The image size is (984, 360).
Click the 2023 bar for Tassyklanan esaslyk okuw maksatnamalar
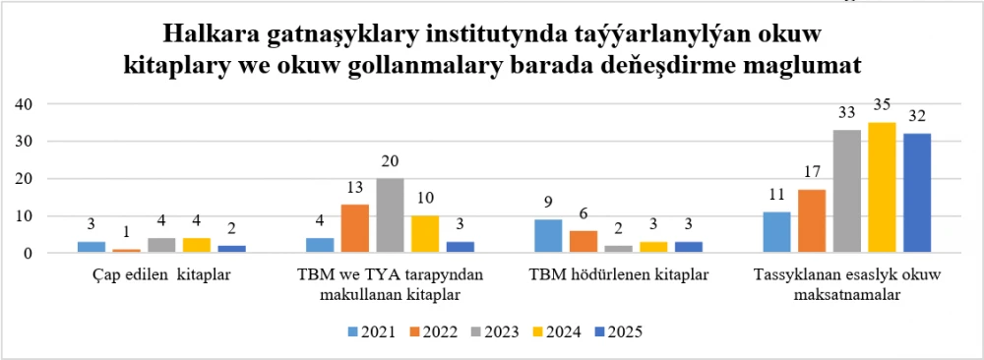pyautogui.click(x=846, y=192)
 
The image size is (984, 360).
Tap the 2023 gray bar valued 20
pyautogui.click(x=389, y=216)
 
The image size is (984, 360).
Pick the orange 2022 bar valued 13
pyautogui.click(x=354, y=229)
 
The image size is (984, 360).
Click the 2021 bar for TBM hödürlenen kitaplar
pyautogui.click(x=549, y=236)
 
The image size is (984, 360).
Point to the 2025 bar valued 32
pyautogui.click(x=916, y=194)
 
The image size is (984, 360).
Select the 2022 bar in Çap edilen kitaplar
pyautogui.click(x=126, y=251)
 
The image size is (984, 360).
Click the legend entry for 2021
pyautogui.click(x=371, y=331)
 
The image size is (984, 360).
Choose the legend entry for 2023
pyautogui.click(x=495, y=331)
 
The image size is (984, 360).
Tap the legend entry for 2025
pyautogui.click(x=618, y=331)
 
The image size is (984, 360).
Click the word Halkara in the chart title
pyautogui.click(x=210, y=34)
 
